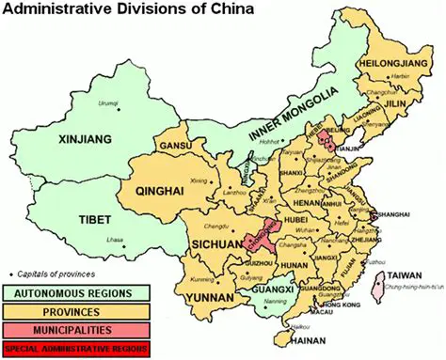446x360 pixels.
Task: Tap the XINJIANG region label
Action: (58, 139)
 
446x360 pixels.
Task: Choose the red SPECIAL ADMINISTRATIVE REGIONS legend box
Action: (75, 349)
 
